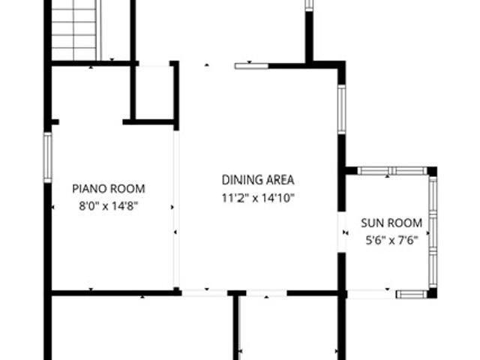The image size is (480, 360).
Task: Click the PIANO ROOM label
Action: tap(109, 188)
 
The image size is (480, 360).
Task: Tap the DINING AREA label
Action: tap(258, 180)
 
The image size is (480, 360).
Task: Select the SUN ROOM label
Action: tap(391, 223)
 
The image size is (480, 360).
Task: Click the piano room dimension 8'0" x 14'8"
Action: tap(109, 206)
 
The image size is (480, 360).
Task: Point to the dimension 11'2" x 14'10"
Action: tap(258, 198)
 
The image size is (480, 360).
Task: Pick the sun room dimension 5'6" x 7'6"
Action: tap(391, 240)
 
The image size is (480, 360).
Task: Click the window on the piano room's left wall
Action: tap(47, 157)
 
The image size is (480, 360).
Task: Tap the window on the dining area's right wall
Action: tap(342, 109)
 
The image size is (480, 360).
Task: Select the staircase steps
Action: tap(73, 30)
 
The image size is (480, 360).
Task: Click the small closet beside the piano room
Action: tap(153, 92)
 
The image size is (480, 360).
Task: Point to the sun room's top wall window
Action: tap(392, 171)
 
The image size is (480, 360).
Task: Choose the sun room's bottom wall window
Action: tap(412, 295)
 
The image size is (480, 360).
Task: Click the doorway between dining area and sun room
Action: tap(342, 232)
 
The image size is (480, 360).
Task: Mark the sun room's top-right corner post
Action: tap(432, 171)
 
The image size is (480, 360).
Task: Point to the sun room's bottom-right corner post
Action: tap(432, 293)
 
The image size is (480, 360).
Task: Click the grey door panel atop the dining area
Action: tap(252, 66)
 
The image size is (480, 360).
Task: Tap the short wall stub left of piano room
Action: tap(55, 122)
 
